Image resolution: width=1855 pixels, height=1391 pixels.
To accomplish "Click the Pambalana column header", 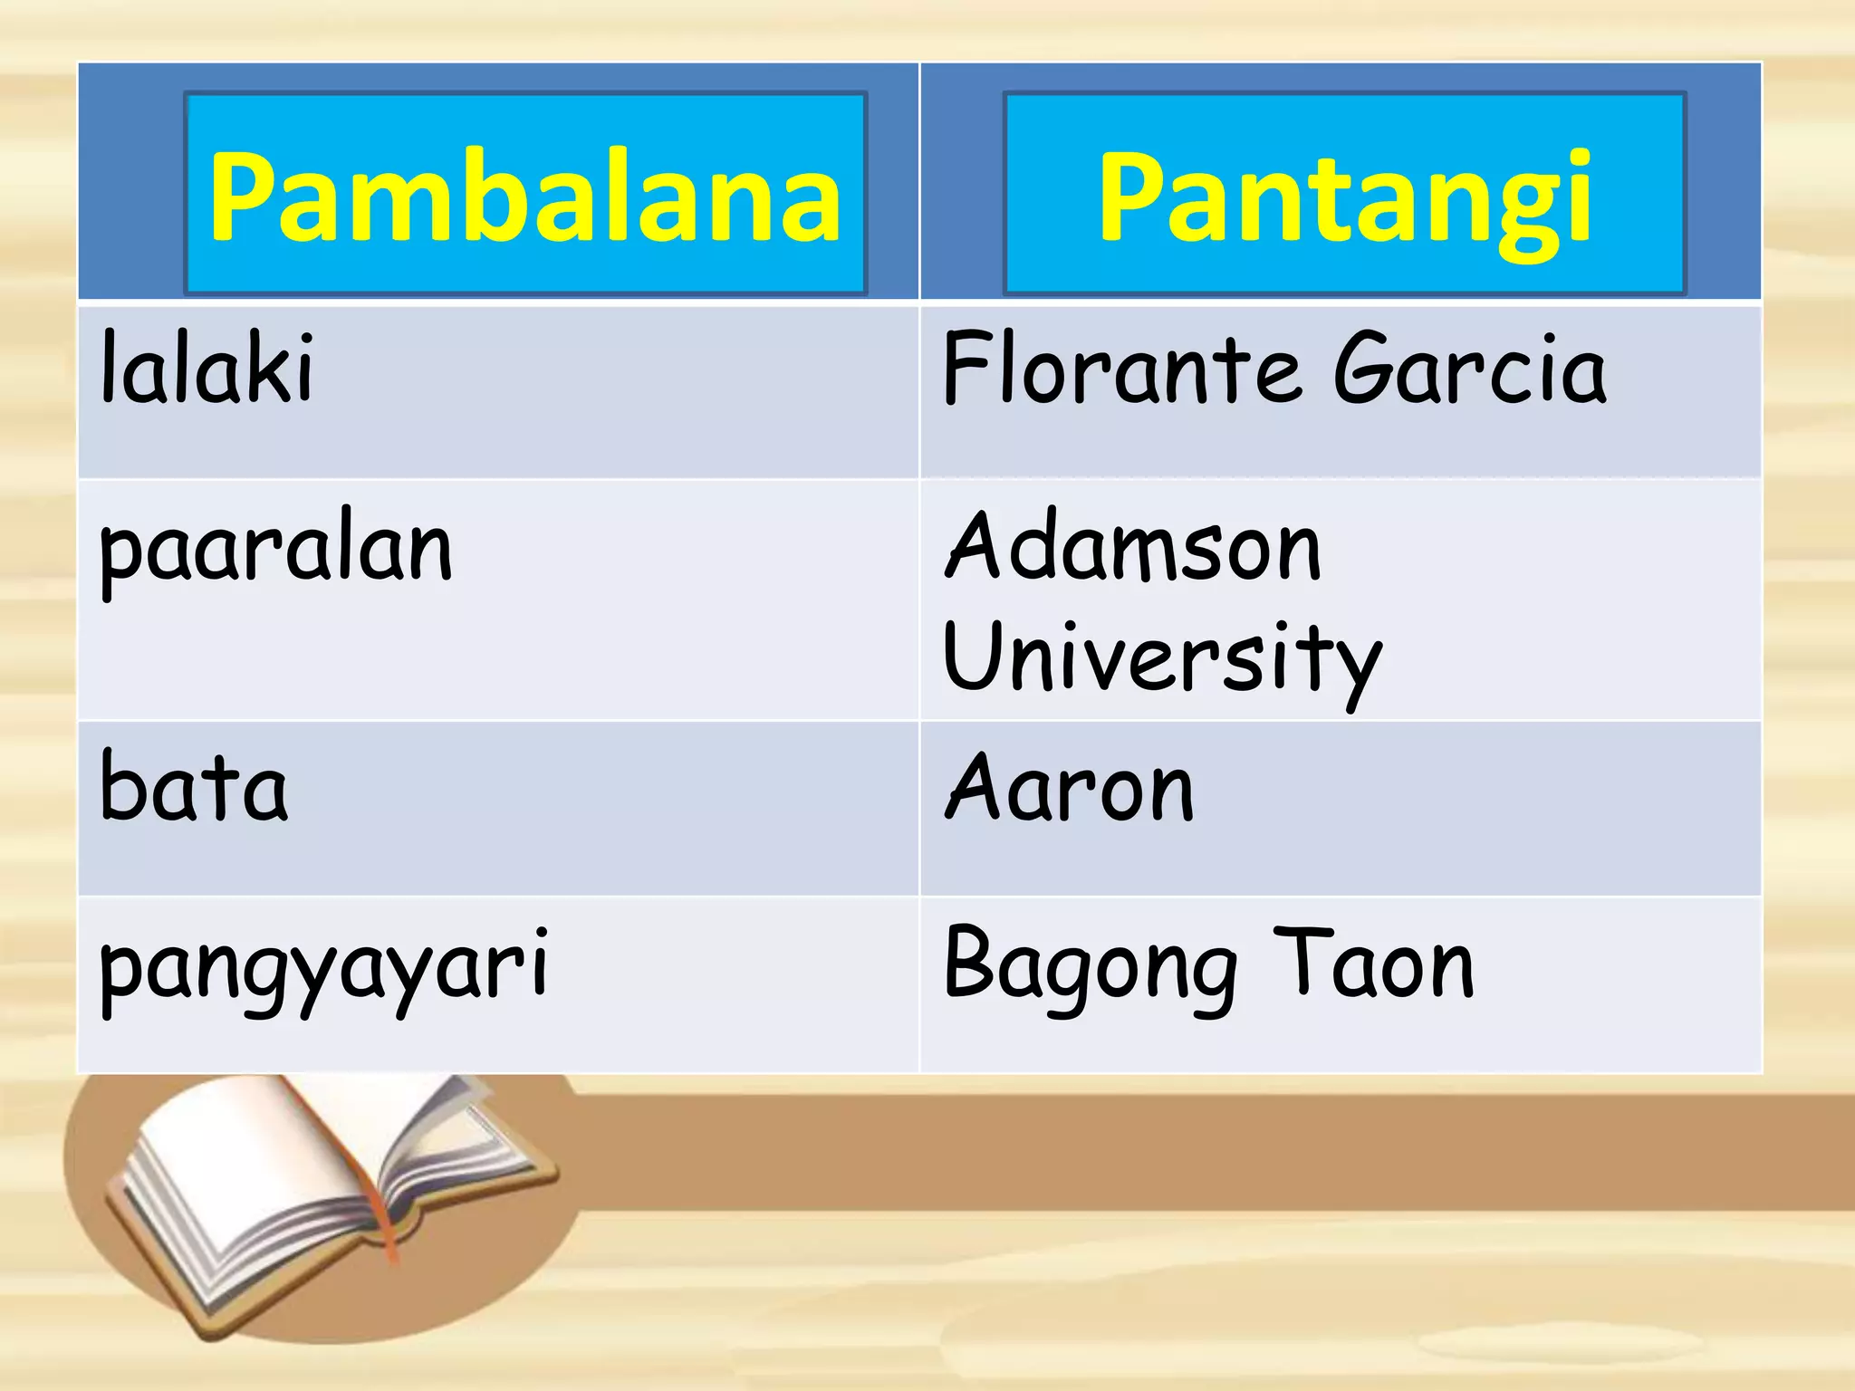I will pos(524,196).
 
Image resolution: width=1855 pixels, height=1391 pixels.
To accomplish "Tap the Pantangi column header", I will pos(1344,196).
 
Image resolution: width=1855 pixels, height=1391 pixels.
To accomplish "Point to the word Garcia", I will pos(1469,369).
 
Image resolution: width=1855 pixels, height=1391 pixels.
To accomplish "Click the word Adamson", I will pos(1132,547).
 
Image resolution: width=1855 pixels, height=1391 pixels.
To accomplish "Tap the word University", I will pos(1161,659).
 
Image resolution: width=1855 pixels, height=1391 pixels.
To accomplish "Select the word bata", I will pos(194,786).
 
